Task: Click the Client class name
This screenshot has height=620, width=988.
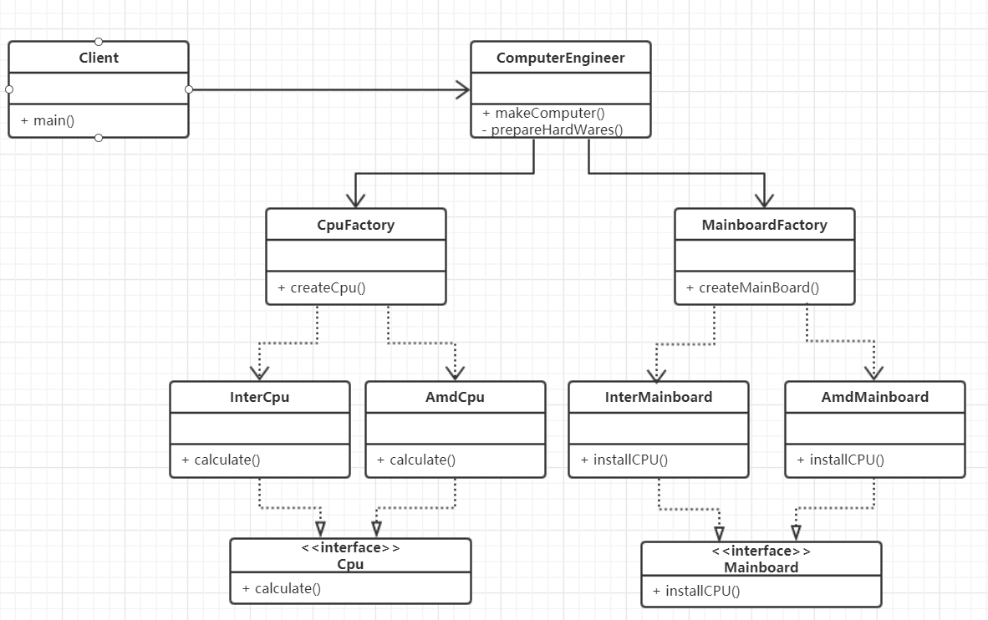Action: pyautogui.click(x=99, y=58)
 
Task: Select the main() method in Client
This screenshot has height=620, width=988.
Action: pyautogui.click(x=48, y=120)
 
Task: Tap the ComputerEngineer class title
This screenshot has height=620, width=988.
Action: pyautogui.click(x=560, y=58)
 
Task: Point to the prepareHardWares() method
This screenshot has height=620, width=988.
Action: pyautogui.click(x=553, y=129)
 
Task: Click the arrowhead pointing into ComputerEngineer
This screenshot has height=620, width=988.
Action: pyautogui.click(x=462, y=89)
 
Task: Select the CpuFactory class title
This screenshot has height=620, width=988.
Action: pyautogui.click(x=355, y=225)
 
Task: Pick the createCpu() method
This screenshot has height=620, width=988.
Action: pyautogui.click(x=322, y=288)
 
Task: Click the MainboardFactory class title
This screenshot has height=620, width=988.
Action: pyautogui.click(x=764, y=225)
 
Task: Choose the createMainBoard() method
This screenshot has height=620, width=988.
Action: pyautogui.click(x=752, y=287)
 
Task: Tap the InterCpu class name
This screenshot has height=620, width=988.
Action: pyautogui.click(x=259, y=397)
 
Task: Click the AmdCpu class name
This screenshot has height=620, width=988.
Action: pyautogui.click(x=455, y=397)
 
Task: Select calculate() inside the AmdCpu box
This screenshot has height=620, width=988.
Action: pyautogui.click(x=416, y=460)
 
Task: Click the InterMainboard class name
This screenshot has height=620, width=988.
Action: pyautogui.click(x=658, y=397)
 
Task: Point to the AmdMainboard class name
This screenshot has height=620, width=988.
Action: pyautogui.click(x=874, y=397)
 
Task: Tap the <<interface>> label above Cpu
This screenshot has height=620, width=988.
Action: pyautogui.click(x=350, y=548)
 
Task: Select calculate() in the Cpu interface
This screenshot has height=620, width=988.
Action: pyautogui.click(x=282, y=588)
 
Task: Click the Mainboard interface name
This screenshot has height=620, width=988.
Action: pyautogui.click(x=761, y=567)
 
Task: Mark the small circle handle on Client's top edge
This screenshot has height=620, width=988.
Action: pyautogui.click(x=99, y=41)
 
